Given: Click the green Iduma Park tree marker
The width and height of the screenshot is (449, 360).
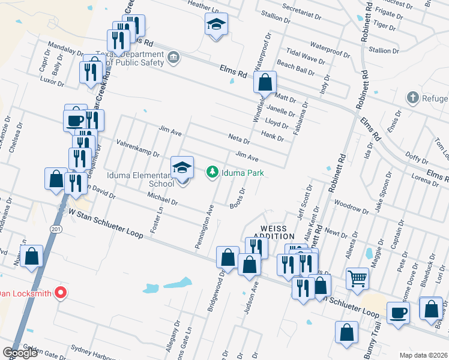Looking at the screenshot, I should pos(212,173).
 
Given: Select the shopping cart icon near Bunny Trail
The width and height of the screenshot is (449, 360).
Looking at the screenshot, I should pos(358,278).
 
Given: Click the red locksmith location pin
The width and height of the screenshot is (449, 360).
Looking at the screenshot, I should pos(60,293).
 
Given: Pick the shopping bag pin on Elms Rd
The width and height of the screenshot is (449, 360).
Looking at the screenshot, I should pos(265,82).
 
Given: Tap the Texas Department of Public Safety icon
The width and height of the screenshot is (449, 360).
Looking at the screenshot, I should pos(173,58).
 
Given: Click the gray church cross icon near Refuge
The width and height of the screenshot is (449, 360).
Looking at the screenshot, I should pos(412,98).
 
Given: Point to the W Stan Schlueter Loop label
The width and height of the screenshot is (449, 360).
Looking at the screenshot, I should pos(105,223).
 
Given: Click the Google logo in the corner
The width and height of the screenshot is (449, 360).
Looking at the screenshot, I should pos(20,352).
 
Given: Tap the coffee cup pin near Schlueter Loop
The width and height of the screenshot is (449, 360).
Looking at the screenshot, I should pos(398,313).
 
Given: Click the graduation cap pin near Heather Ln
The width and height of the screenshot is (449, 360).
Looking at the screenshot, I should pos(216,25).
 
